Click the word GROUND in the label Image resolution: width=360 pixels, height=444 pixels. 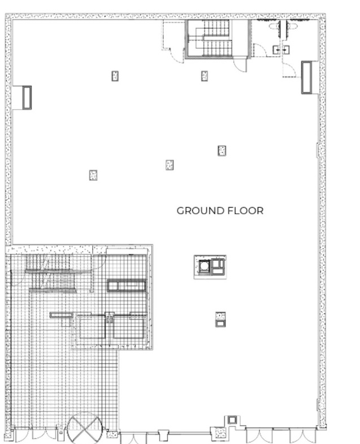201,210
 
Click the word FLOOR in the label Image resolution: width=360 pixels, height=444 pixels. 245,210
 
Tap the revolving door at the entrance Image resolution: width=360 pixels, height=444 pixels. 84,428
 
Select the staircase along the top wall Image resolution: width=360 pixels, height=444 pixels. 218,39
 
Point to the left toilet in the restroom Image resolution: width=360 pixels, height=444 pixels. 275,27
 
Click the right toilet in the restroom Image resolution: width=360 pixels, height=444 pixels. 292,27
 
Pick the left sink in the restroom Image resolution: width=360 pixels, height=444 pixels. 277,50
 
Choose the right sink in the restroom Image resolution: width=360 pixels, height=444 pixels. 286,50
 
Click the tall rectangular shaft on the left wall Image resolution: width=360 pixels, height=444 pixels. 27,97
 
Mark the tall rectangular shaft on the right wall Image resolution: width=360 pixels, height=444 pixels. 306,77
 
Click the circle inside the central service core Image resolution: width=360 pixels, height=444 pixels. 204,266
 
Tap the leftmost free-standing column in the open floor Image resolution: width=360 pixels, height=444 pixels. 93,175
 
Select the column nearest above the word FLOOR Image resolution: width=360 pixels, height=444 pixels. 222,150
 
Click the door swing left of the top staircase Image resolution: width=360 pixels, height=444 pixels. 174,54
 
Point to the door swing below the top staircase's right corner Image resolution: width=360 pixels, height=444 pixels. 241,65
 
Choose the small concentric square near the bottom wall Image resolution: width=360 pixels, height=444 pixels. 232,420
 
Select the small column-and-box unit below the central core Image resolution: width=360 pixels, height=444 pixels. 220,320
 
